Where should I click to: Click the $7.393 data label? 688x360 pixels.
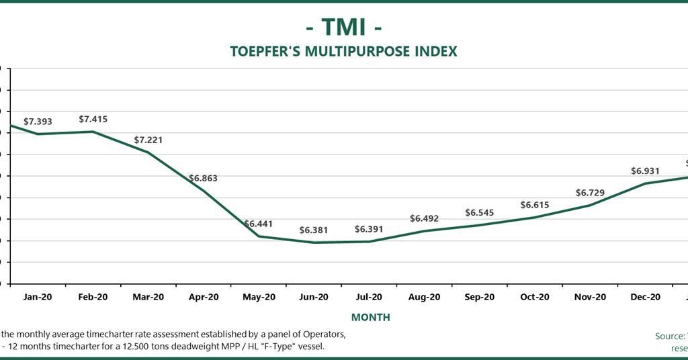click(38, 122)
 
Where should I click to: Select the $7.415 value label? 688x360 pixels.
click(93, 119)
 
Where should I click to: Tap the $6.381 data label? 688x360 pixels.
click(314, 230)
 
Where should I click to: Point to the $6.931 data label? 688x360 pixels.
click(645, 171)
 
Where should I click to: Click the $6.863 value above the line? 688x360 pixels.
click(203, 179)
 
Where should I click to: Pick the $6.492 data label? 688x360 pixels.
click(424, 218)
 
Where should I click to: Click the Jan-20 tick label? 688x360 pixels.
click(38, 297)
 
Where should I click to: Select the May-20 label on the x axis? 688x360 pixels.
click(259, 297)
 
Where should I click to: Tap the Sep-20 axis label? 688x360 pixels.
click(480, 297)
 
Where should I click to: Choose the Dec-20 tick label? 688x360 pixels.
click(645, 297)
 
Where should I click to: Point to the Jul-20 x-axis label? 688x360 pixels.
click(369, 297)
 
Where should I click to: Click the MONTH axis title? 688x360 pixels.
click(370, 317)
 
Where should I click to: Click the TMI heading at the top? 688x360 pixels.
click(344, 27)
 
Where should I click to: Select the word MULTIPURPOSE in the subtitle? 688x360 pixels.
click(357, 52)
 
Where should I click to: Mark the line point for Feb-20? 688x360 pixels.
click(93, 132)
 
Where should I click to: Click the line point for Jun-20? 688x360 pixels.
click(314, 242)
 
